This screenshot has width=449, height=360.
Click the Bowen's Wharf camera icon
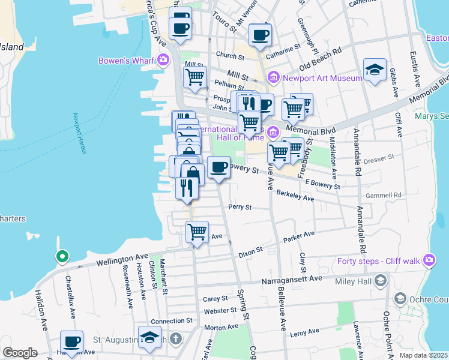[163, 60]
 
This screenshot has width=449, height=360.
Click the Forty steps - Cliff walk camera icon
[429, 260]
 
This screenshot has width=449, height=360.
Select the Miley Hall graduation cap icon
[380, 280]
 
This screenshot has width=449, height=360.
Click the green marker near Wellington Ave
[62, 257]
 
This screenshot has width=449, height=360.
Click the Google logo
[20, 353]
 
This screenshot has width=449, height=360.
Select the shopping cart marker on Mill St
[195, 77]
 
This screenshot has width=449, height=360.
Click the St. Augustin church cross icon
[175, 340]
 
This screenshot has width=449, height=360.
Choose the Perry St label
[240, 207]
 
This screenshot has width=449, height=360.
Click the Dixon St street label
[250, 249]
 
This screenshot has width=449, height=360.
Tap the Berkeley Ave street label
[295, 196]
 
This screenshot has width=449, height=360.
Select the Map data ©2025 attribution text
[423, 355]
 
